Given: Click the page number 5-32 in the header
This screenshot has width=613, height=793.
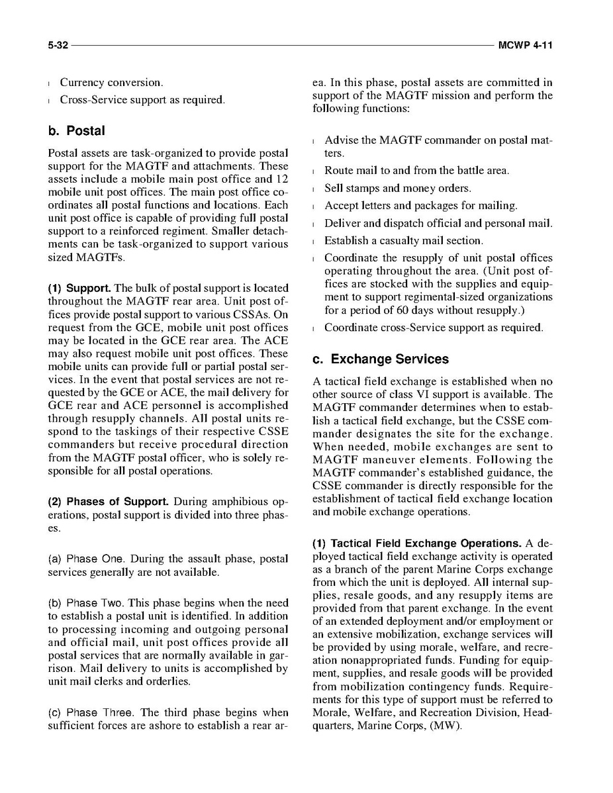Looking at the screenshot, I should [58, 46].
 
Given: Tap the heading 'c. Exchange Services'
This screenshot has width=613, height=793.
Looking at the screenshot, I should [381, 359].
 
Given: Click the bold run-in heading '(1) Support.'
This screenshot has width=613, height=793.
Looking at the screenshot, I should [79, 288].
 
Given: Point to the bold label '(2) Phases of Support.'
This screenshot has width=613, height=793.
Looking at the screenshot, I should [105, 501].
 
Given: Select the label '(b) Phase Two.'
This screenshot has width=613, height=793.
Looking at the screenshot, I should [88, 603].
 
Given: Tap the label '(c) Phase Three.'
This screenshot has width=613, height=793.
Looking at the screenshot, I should [91, 713].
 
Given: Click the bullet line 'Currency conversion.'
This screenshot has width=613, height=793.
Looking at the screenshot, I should [111, 83].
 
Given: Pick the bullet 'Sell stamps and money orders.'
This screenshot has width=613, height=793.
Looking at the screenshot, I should [398, 189].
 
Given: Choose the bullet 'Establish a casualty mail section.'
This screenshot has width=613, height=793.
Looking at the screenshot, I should [404, 240].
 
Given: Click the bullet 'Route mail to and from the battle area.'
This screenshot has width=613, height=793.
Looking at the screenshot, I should [417, 171].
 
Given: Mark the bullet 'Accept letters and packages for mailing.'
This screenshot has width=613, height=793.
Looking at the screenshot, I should [421, 206].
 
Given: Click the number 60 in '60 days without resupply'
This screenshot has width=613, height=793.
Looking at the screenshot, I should [403, 310].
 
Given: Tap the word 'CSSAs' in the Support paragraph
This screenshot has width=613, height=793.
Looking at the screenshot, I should [256, 314].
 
